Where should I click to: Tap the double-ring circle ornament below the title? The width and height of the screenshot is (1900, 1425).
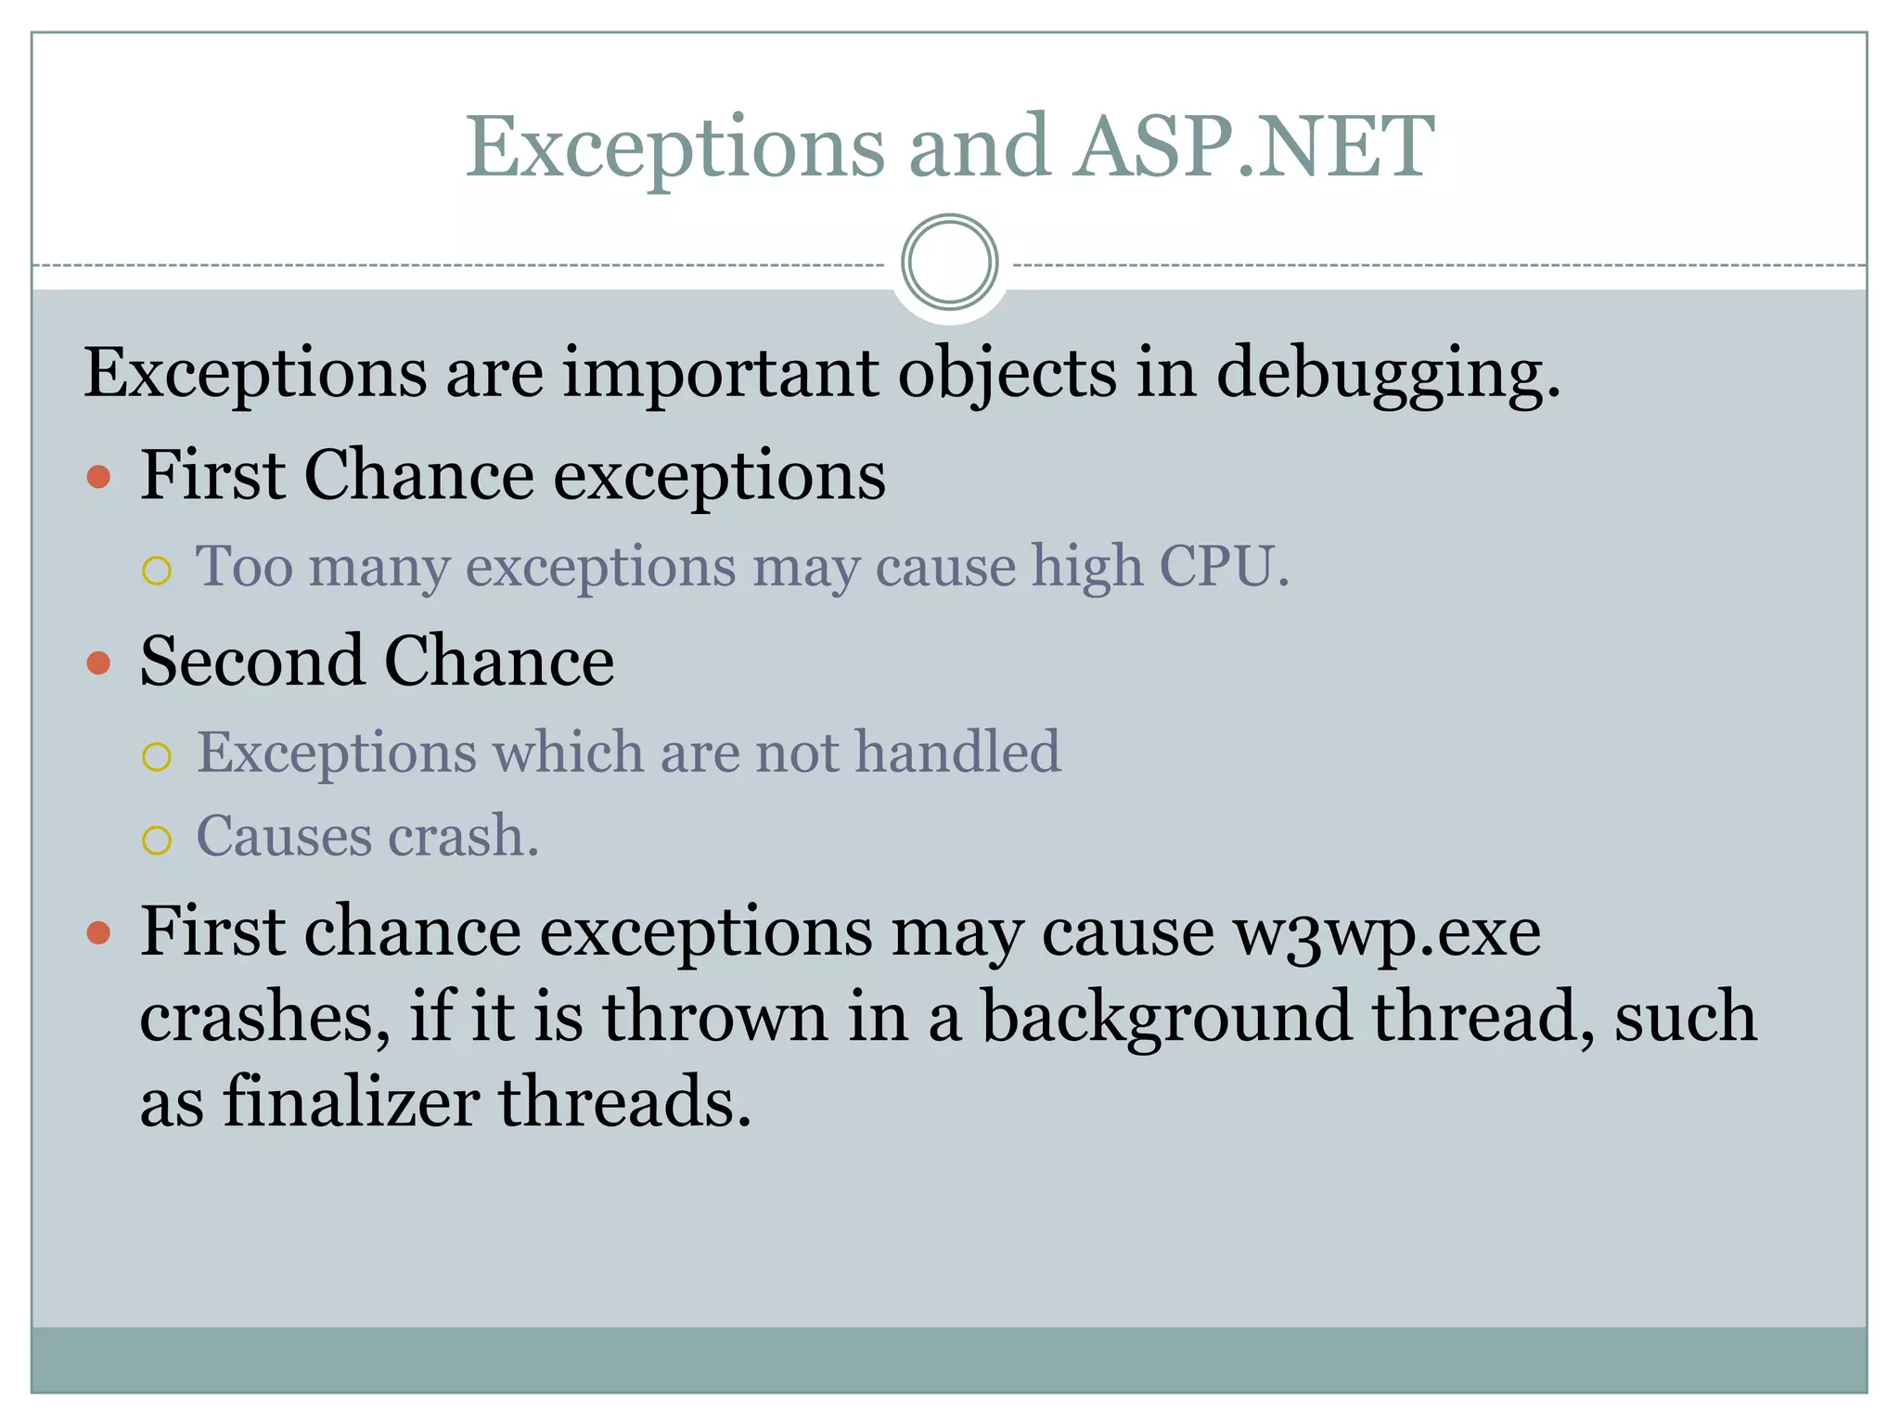tap(949, 263)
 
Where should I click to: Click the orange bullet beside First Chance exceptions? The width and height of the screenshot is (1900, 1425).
tap(98, 479)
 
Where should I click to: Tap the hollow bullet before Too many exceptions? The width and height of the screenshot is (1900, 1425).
tap(157, 571)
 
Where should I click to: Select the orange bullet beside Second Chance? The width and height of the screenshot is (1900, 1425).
tap(98, 663)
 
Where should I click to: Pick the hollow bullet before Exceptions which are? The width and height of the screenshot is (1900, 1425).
tap(157, 757)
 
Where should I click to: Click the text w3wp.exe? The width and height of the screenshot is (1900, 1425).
tap(1386, 933)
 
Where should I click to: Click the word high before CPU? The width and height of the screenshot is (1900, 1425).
tap(1086, 568)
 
